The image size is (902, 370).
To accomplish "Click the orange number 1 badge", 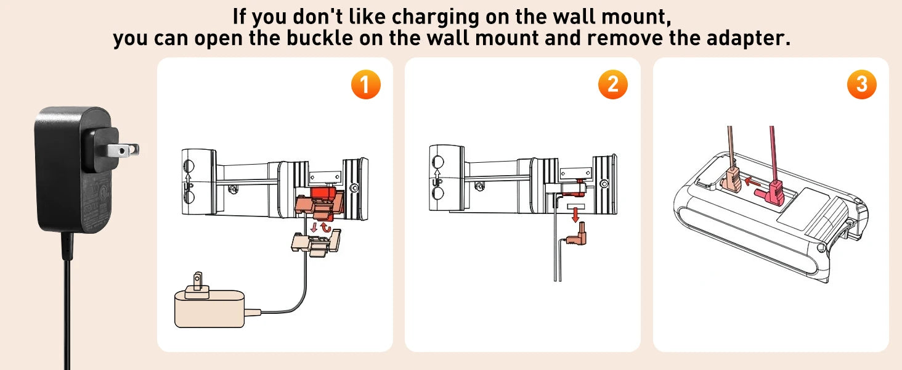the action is pos(365,84).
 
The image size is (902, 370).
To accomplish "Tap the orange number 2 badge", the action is pos(613,84).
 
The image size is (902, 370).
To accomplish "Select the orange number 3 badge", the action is pos(862,84).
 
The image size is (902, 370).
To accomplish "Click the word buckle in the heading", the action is pos(320,38).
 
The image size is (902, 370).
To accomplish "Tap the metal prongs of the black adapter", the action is pos(123,150).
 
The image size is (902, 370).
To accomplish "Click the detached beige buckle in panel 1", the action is pos(316,243).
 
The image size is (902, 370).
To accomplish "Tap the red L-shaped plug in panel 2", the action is pos(578,236).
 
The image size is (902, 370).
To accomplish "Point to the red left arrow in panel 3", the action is pos(752,181).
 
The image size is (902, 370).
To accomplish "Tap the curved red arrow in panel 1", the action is pos(326,228).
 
